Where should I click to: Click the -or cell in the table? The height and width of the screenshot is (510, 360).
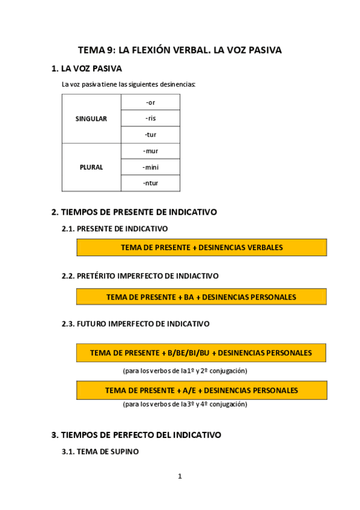(x=150, y=102)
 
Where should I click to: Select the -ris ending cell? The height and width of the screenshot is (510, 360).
(x=150, y=118)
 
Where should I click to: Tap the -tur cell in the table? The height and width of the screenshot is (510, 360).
(x=150, y=135)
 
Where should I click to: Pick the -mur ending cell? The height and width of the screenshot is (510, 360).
(x=150, y=151)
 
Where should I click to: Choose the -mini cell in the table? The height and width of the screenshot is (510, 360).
(x=150, y=167)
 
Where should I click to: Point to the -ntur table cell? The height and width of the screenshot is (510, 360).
(x=150, y=183)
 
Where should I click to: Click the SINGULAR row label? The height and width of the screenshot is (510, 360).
(x=91, y=118)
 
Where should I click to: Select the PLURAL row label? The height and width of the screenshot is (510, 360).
(x=91, y=167)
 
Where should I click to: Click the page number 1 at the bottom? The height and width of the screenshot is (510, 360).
(x=180, y=476)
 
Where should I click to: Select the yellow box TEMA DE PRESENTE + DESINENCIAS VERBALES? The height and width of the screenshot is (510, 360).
(x=201, y=247)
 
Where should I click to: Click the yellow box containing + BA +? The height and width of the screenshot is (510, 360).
(x=201, y=297)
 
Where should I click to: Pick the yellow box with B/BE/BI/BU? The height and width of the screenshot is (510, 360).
(x=201, y=352)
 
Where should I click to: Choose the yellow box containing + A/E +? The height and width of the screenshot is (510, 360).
(x=201, y=390)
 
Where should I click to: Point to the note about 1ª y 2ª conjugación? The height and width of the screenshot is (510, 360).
(x=185, y=370)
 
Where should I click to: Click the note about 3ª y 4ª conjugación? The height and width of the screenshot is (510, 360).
(x=185, y=404)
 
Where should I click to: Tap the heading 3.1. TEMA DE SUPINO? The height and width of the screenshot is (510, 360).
(x=100, y=451)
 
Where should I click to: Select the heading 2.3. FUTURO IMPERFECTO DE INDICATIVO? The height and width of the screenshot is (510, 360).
(x=135, y=324)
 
